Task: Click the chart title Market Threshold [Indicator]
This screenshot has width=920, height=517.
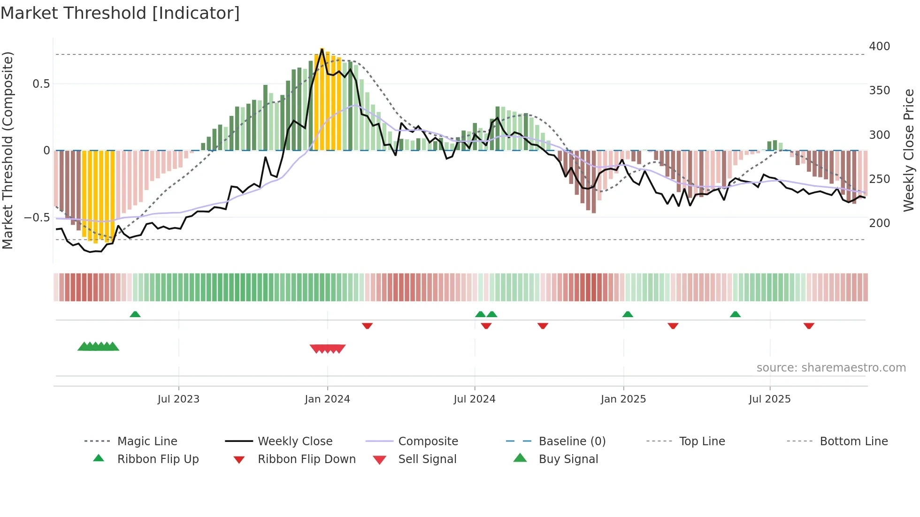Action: tap(120, 13)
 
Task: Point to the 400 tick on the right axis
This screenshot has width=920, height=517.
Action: tap(879, 46)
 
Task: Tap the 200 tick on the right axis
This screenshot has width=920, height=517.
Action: tap(879, 223)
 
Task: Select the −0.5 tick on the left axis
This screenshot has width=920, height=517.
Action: tap(37, 218)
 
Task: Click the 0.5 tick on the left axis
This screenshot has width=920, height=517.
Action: tap(41, 84)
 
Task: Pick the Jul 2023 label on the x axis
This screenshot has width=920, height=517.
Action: tap(178, 399)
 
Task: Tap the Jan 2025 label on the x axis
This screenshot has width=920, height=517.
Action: tap(623, 399)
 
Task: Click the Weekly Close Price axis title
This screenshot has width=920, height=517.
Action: tap(909, 150)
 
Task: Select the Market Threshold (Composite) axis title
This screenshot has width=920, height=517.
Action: tap(8, 150)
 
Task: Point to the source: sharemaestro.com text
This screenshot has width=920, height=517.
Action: tap(831, 368)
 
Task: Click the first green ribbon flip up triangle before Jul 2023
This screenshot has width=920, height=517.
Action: tap(135, 314)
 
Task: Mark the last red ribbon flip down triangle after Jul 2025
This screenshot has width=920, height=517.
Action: tap(808, 326)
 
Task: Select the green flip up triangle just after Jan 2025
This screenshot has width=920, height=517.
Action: tap(628, 314)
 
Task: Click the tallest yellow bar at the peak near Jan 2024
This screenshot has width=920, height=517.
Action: tap(322, 99)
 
